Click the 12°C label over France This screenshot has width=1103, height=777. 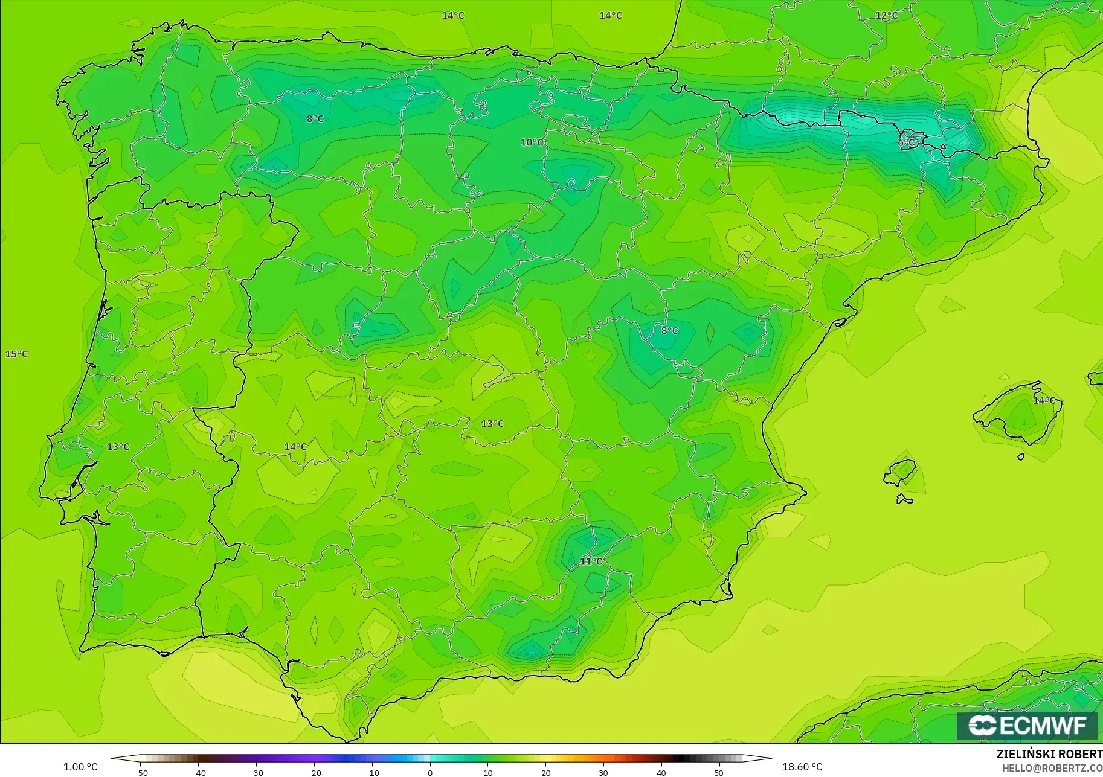pos(886,16)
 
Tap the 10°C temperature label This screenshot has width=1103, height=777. pos(532,142)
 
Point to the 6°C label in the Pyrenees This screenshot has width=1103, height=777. pos(906,142)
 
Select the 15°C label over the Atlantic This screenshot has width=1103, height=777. pos(17,354)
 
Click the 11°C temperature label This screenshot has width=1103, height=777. pos(591,561)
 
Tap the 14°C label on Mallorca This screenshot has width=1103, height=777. pos(1044,400)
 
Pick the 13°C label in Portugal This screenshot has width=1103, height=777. pos(118,447)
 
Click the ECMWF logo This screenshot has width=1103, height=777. pos(1027,725)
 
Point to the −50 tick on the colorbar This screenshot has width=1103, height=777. pos(141,772)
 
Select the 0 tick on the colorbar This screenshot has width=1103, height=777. pos(429,772)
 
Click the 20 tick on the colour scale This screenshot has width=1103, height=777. pos(545,772)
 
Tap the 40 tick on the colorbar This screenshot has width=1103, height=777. pos(661,772)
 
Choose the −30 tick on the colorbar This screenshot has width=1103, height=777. pos(256,772)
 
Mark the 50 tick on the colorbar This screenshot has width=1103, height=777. pos(718,772)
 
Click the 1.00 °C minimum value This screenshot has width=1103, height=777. pos(80,767)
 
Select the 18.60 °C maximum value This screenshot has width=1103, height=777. pos(802,767)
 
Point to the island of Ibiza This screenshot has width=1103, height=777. pos(901,472)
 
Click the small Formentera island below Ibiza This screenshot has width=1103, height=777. pos(904,499)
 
